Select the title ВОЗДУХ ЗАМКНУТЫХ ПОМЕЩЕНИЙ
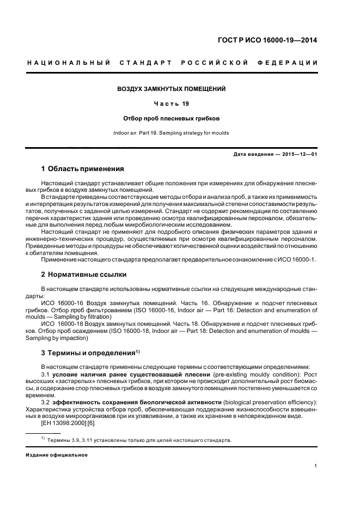[172, 89]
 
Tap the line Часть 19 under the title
[172, 104]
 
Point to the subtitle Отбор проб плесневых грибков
[172, 118]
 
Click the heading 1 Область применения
[83, 169]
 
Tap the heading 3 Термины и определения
[88, 353]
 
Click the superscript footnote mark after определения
[138, 350]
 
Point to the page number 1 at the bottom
[316, 465]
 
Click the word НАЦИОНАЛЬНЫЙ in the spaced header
[68, 63]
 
